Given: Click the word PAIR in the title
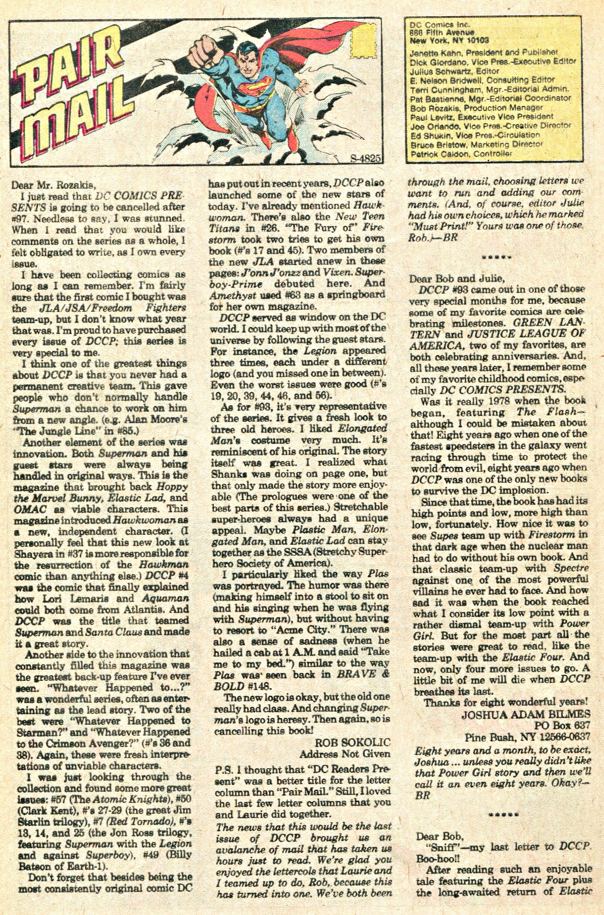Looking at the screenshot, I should click(x=69, y=58).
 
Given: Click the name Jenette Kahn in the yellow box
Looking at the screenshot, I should click(x=431, y=52).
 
